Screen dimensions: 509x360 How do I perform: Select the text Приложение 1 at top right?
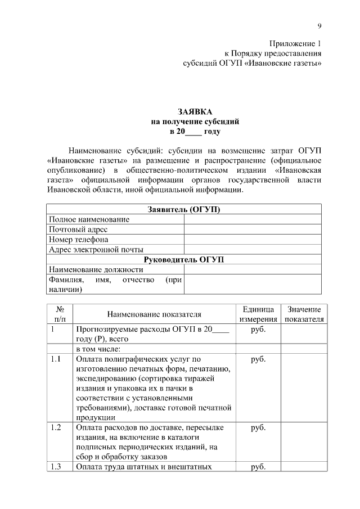pos(295,43)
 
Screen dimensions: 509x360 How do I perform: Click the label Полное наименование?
pos(89,219)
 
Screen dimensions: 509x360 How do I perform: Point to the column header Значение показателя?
pos(304,314)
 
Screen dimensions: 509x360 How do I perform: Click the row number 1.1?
pos(55,359)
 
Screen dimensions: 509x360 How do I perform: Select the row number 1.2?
pos(55,428)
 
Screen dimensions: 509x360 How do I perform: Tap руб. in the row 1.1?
pos(258,359)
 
